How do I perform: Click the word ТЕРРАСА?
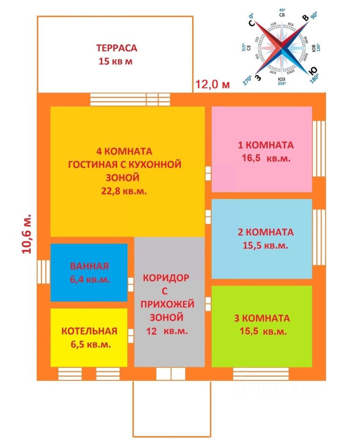[117, 48]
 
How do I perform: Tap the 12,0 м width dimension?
[213, 84]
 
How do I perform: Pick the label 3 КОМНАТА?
[262, 318]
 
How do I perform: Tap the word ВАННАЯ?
[89, 266]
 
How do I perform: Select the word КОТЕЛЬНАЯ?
[89, 331]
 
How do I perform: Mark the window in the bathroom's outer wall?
[43, 272]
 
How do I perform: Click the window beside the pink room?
[319, 135]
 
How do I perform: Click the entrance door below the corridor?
[171, 374]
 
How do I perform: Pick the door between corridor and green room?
[208, 304]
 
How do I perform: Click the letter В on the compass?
[305, 18]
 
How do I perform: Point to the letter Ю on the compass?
[313, 71]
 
